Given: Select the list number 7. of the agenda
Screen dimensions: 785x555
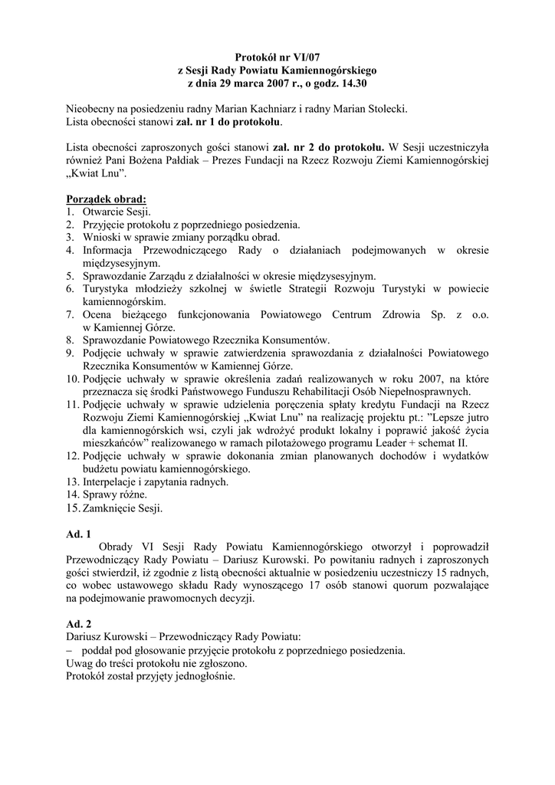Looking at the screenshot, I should click(x=70, y=315).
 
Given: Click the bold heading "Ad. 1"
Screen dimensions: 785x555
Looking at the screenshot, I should click(x=79, y=535).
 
